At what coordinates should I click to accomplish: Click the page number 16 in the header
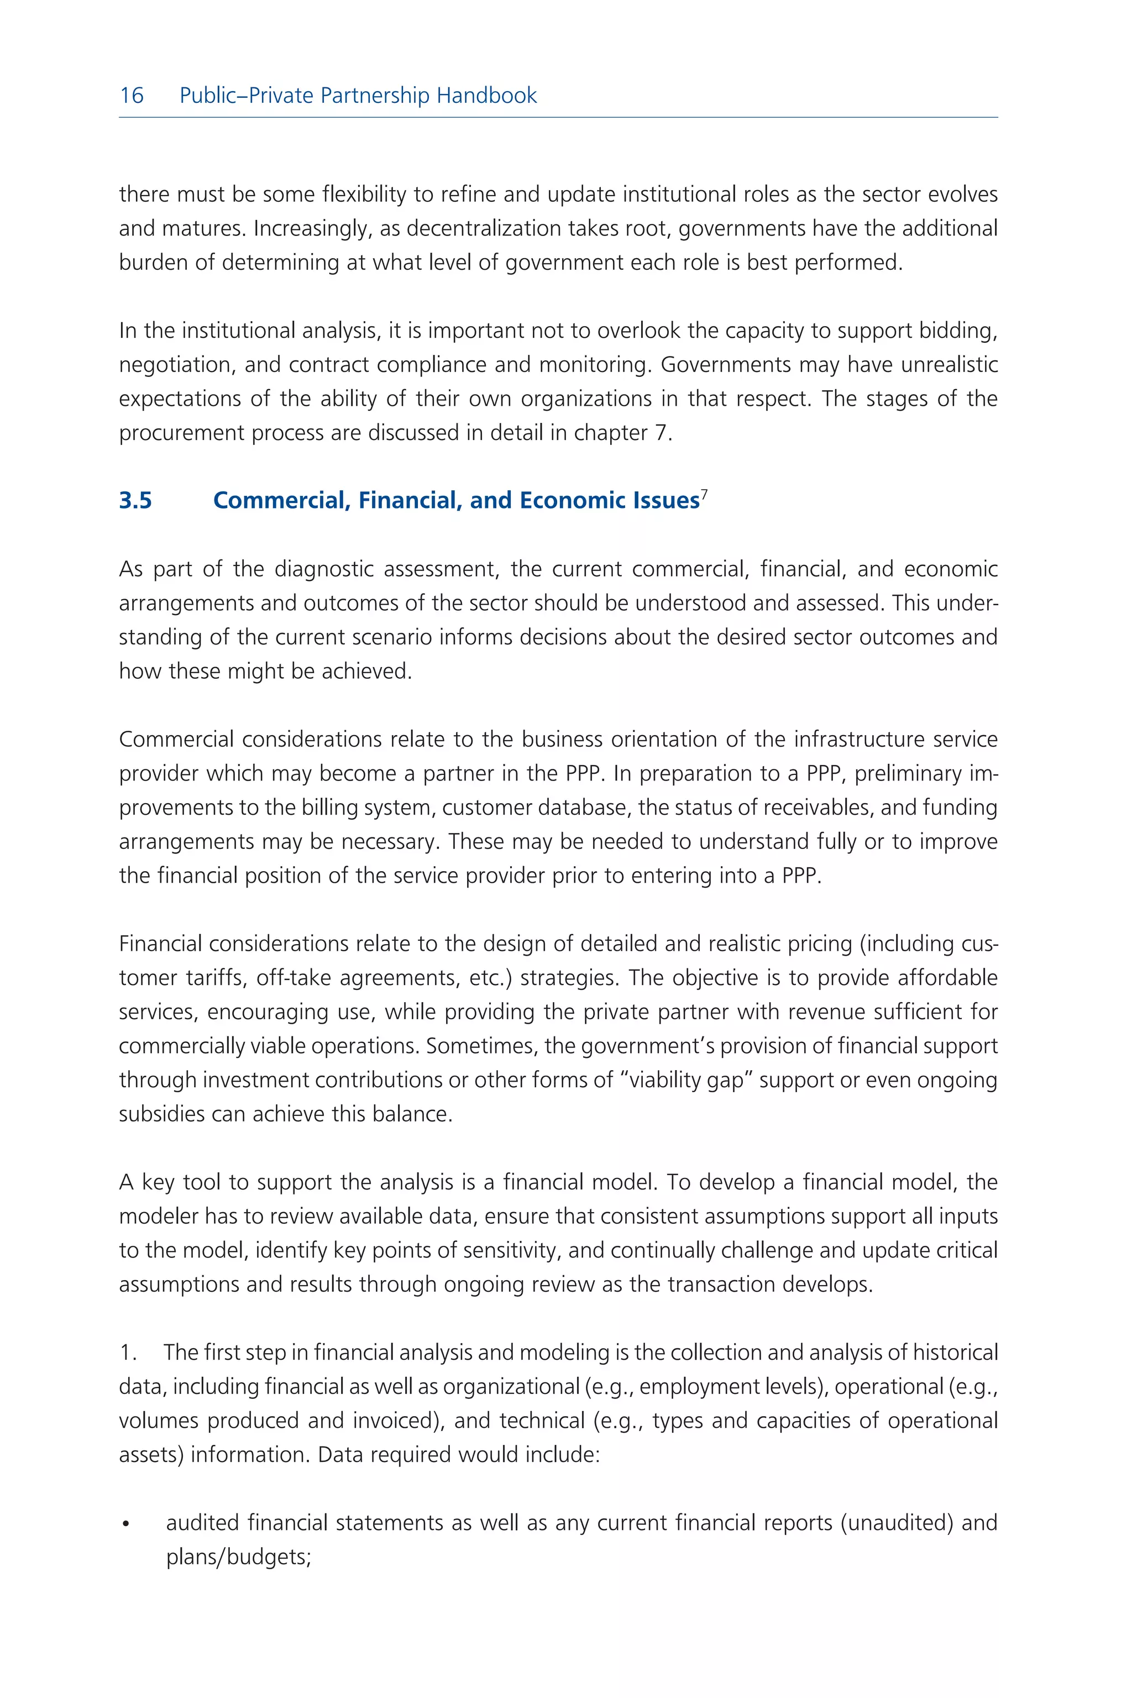point(132,95)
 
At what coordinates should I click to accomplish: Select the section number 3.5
point(136,500)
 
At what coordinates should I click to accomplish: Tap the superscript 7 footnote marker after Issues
point(705,494)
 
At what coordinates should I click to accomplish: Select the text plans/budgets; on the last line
point(238,1557)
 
